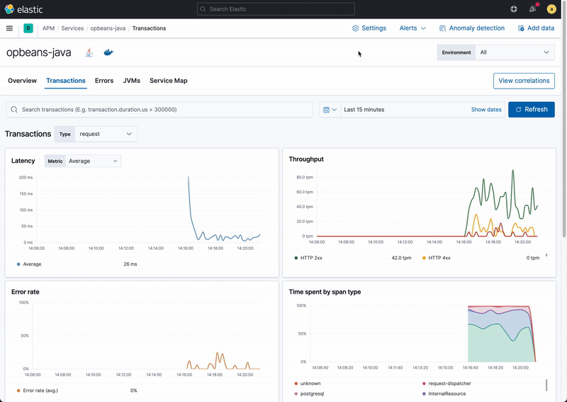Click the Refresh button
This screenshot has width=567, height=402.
(532, 110)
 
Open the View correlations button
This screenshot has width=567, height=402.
(524, 81)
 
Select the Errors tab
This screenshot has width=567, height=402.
(104, 81)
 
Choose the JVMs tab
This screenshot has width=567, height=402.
(131, 81)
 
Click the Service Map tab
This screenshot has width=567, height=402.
(169, 81)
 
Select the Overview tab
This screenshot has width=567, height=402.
(22, 81)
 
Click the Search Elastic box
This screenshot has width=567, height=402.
(276, 9)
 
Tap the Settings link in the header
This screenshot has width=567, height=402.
(369, 28)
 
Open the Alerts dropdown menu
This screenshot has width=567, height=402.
(412, 28)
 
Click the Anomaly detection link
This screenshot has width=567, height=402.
(472, 28)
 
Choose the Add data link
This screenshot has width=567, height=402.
(536, 28)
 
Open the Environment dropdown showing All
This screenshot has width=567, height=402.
(515, 52)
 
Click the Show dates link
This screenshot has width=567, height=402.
(486, 110)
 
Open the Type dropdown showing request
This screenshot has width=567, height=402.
(106, 134)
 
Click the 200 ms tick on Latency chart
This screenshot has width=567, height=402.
(26, 177)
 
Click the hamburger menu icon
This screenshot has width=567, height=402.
(9, 28)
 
